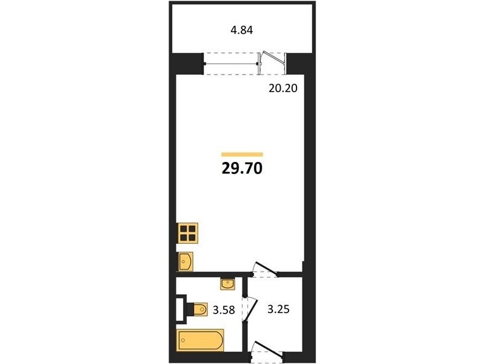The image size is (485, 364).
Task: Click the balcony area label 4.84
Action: tap(242, 30)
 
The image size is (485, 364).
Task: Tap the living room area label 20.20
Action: tap(283, 89)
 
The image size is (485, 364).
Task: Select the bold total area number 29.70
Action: tap(242, 169)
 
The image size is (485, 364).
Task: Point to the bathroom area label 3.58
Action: tap(224, 310)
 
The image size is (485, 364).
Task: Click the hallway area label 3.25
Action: tap(278, 309)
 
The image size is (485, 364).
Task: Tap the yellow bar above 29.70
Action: tap(242, 155)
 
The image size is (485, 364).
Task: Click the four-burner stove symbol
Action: tap(187, 233)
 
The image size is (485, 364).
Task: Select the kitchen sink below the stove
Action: tap(186, 261)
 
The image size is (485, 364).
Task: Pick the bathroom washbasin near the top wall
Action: tap(228, 284)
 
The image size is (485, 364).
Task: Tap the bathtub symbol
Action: tap(200, 340)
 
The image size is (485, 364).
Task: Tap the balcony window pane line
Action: tap(232, 64)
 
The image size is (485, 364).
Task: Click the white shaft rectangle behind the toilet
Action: tap(181, 309)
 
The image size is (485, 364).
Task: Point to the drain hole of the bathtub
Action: tap(183, 340)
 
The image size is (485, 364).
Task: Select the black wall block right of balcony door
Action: tap(299, 64)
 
